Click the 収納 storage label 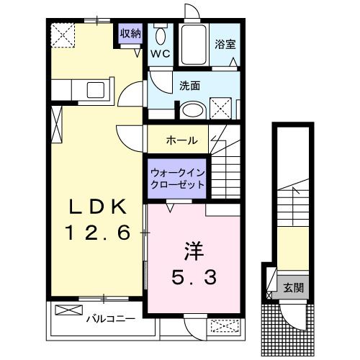(130, 33)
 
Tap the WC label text (159, 53)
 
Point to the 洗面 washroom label (189, 85)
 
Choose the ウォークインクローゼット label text (177, 177)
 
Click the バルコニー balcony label (107, 317)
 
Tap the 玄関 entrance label (292, 288)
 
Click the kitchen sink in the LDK (96, 91)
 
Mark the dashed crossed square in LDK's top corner (63, 34)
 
